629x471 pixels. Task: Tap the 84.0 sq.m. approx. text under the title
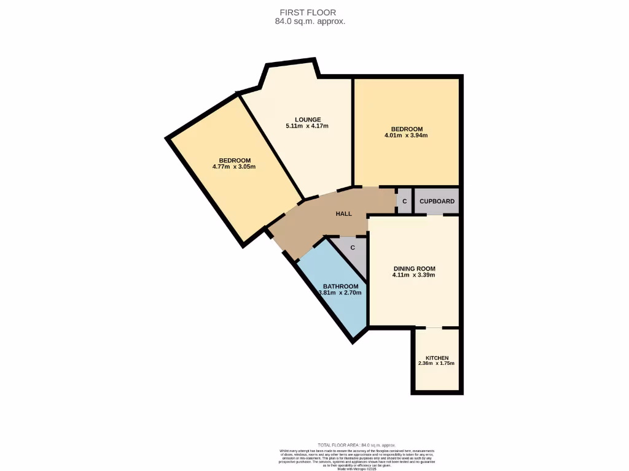[310, 21]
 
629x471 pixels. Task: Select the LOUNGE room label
[308, 120]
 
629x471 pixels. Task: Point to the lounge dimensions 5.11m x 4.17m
[307, 126]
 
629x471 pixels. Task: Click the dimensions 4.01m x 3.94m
[406, 136]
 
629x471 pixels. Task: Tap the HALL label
[344, 214]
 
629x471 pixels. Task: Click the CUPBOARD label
[437, 201]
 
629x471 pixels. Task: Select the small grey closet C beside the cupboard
[404, 201]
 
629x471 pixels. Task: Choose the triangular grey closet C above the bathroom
[353, 248]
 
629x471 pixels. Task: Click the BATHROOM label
[341, 286]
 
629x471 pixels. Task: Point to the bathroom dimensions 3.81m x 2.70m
[340, 293]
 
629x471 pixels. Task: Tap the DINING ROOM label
[414, 269]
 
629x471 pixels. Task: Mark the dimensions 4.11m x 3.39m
[414, 275]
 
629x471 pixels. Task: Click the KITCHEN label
[437, 358]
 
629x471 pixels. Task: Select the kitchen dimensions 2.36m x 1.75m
[436, 364]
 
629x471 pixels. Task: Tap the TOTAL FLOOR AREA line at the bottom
[357, 445]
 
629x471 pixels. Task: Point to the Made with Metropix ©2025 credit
[357, 469]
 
